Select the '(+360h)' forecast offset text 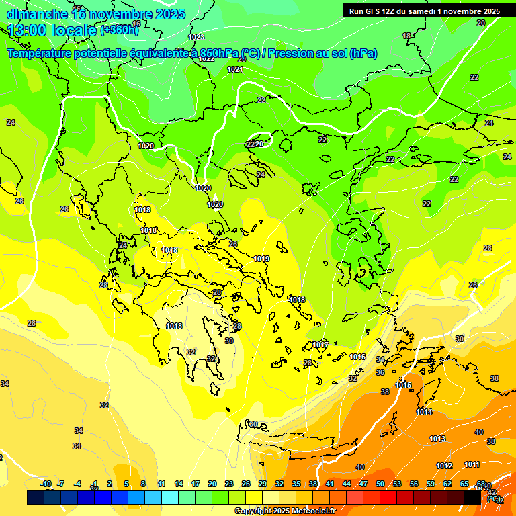click(120, 30)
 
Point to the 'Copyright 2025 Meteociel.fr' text click(286, 511)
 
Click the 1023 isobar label click(197, 37)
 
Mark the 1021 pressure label click(235, 69)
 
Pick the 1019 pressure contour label click(262, 259)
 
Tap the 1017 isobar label click(320, 345)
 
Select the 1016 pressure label click(357, 357)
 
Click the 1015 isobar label click(403, 385)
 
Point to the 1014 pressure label click(424, 412)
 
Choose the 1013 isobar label click(437, 439)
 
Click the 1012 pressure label click(444, 466)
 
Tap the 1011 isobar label click(472, 464)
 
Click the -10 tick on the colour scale click(46, 484)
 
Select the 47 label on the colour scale click(363, 484)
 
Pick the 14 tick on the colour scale click(179, 484)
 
